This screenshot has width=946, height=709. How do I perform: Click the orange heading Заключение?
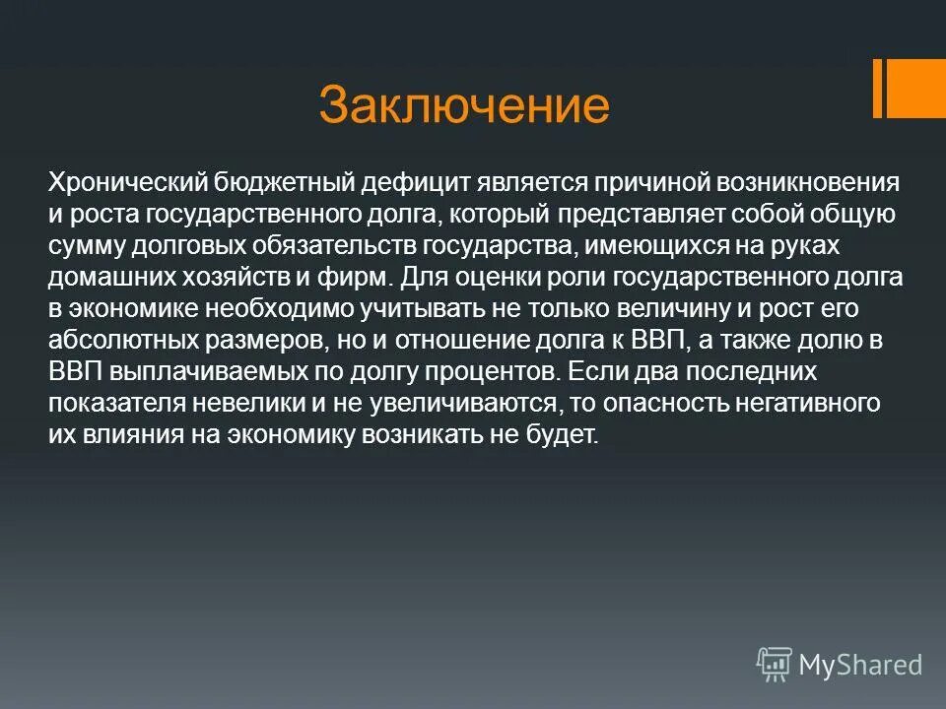coord(464,105)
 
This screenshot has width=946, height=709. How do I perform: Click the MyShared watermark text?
coord(860,665)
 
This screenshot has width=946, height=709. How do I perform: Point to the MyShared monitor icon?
coord(775,665)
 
